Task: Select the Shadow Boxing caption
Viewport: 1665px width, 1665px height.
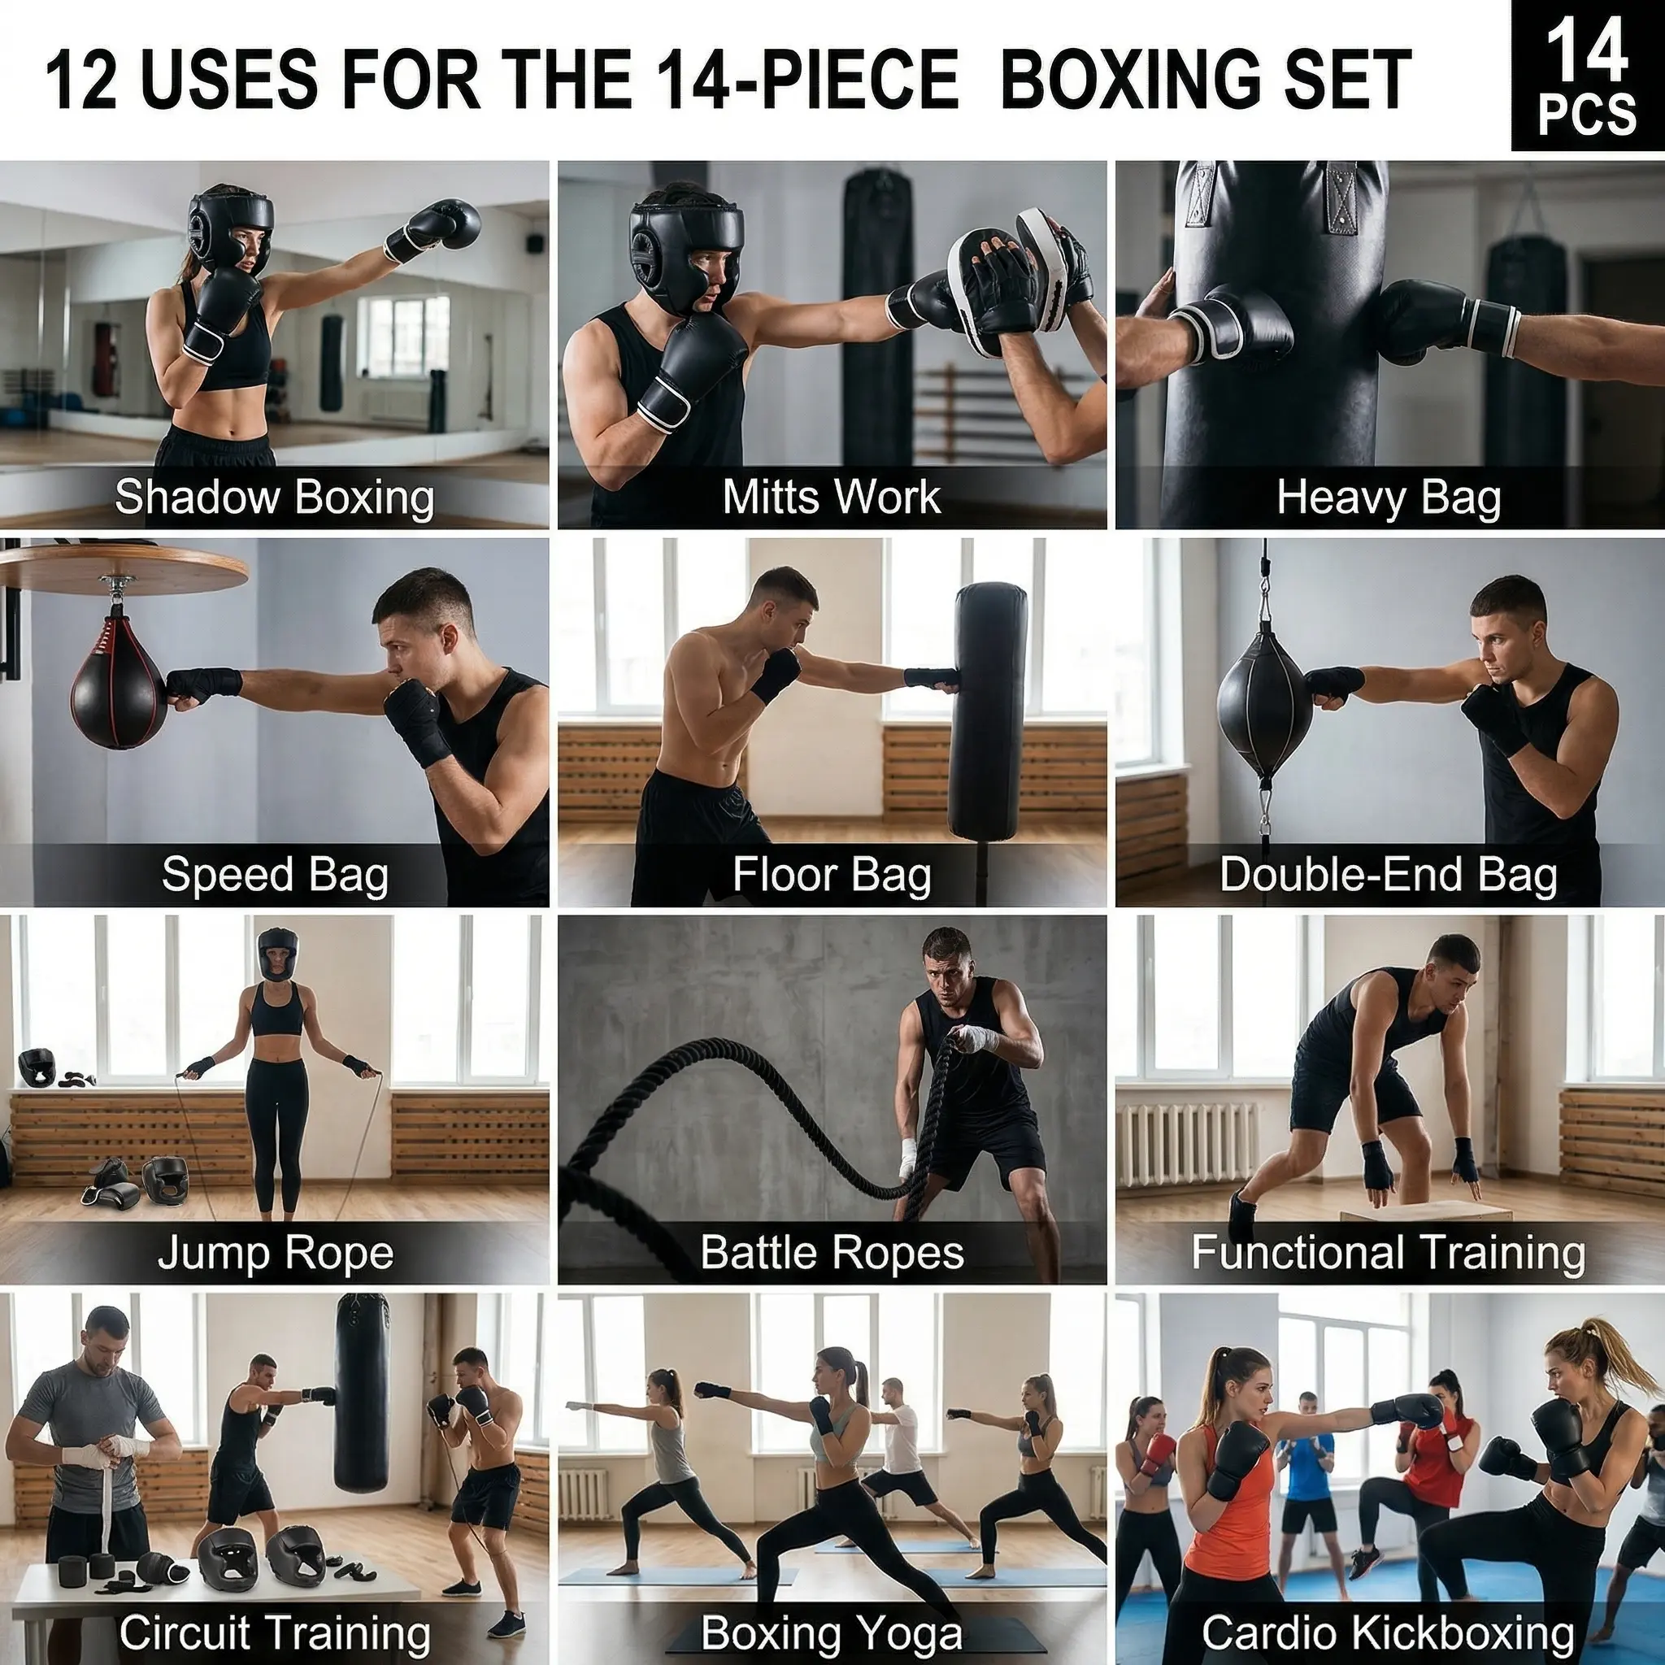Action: click(274, 498)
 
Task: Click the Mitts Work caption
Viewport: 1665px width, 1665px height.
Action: click(832, 497)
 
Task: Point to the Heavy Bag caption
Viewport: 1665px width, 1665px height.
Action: click(1389, 498)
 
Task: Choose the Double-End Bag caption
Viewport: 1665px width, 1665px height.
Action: click(1389, 875)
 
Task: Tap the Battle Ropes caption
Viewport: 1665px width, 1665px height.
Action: click(832, 1252)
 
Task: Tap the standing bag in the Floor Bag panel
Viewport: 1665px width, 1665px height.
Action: click(989, 710)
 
